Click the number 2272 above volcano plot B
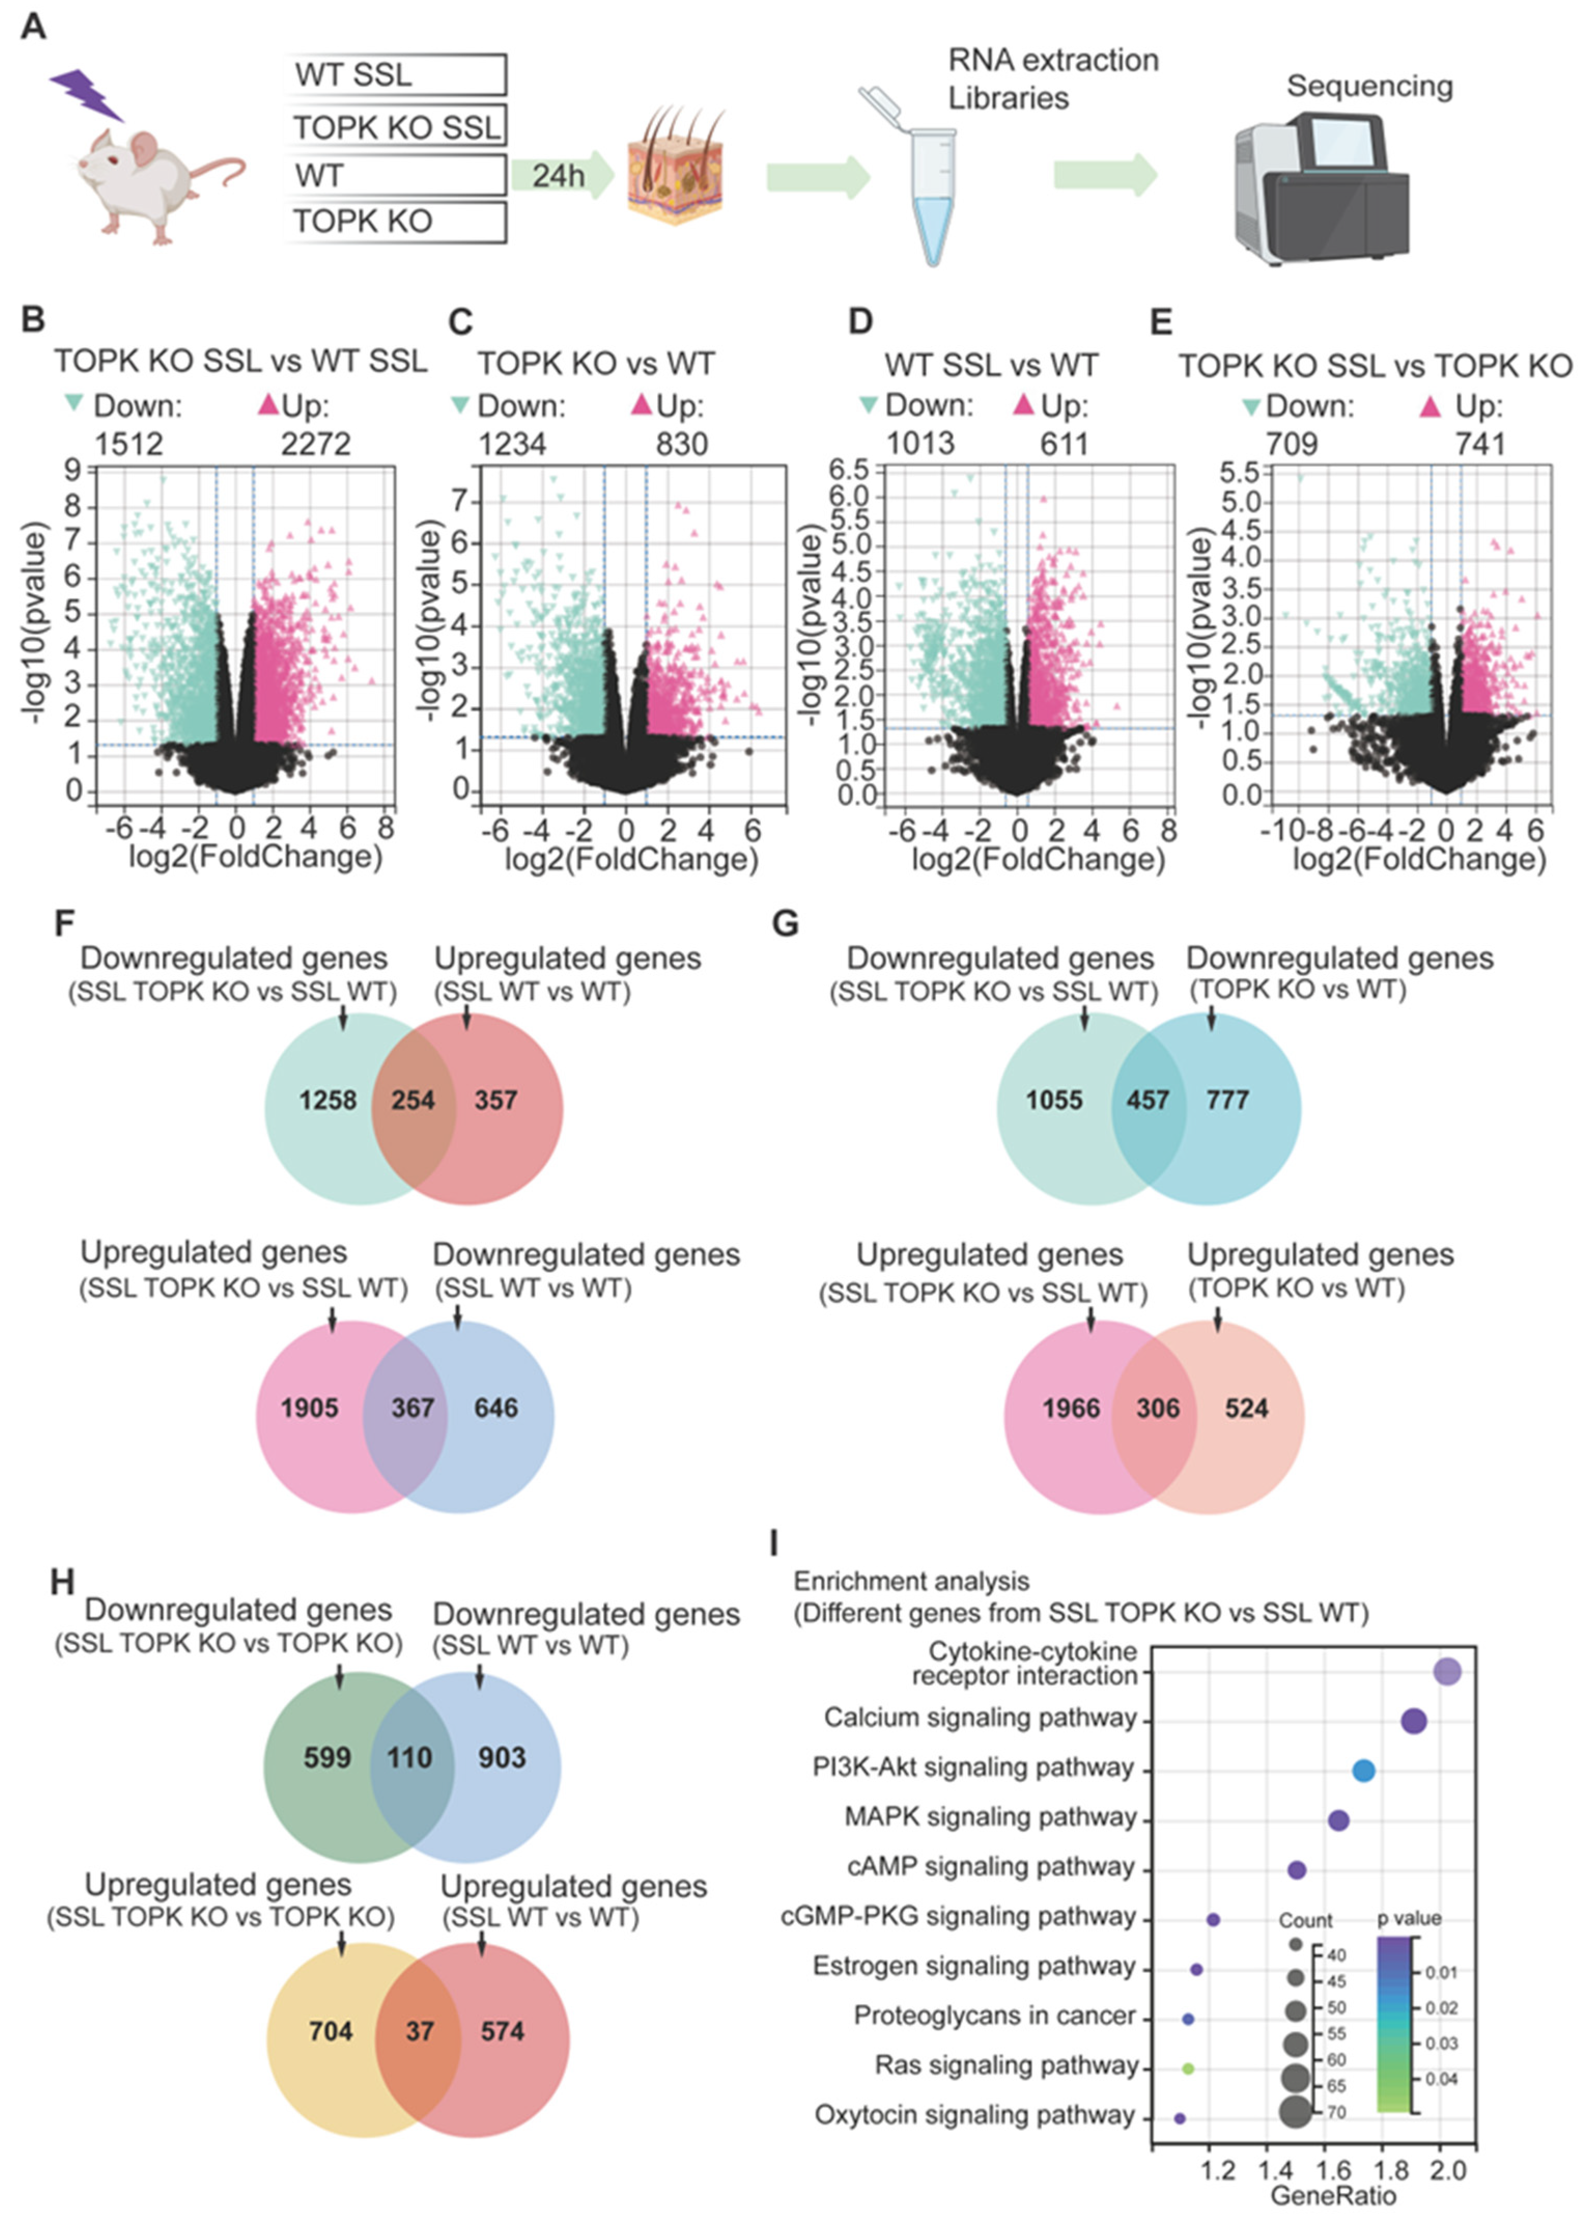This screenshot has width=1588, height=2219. [x=315, y=444]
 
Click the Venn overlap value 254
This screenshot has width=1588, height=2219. [x=413, y=1101]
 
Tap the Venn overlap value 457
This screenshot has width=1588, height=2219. [x=1148, y=1101]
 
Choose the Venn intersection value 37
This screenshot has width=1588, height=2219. [x=419, y=2031]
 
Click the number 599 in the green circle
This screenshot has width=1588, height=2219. [x=327, y=1757]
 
